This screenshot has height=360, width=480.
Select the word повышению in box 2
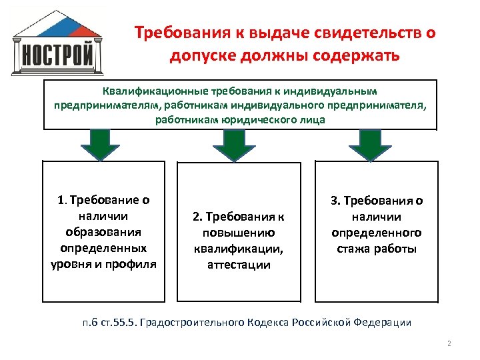[x=238, y=233]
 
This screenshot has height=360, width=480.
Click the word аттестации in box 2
[x=238, y=265]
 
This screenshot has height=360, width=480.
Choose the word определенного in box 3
[x=377, y=233]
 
